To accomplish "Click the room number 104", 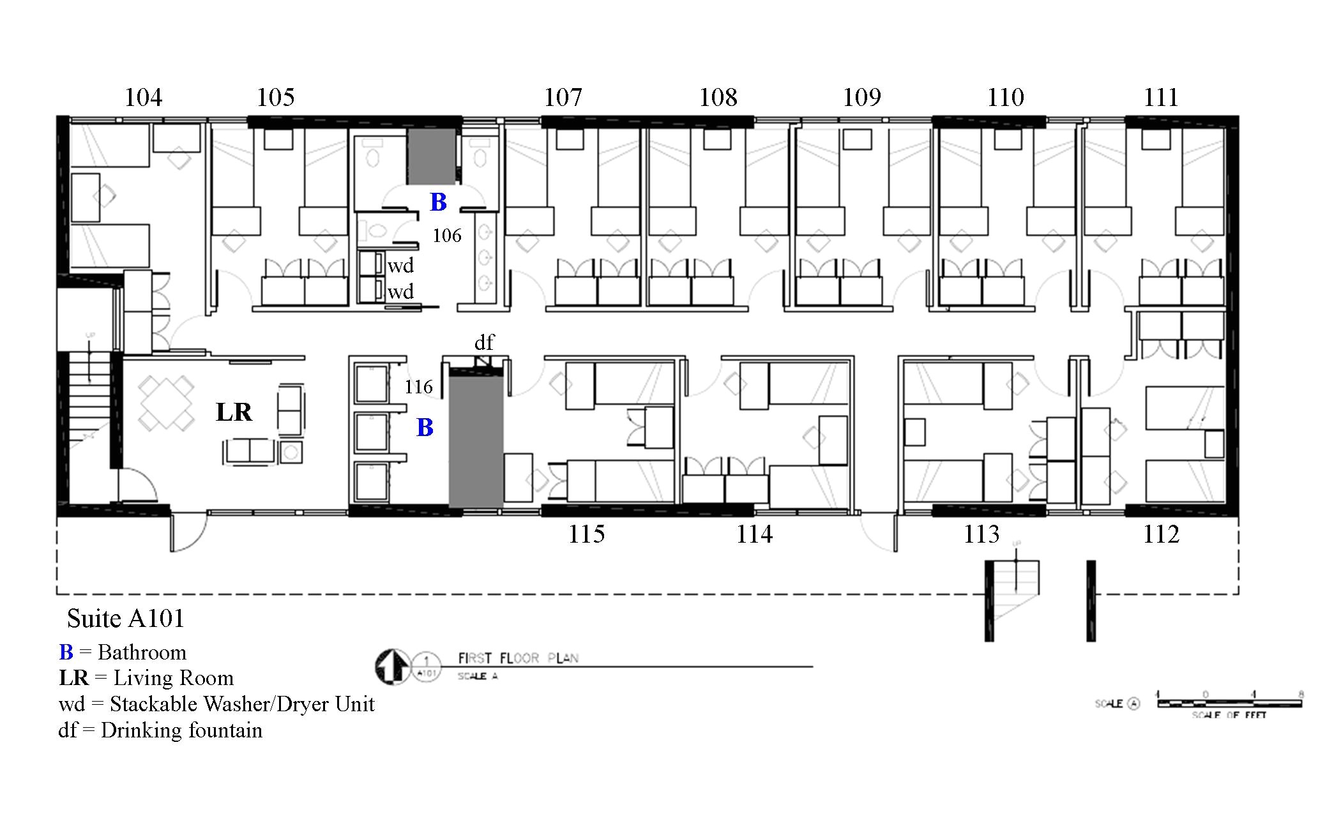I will click(143, 98).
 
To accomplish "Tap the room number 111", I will click(1160, 98).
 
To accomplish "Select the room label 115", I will click(586, 534).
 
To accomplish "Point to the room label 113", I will click(981, 534).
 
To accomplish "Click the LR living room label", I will click(234, 412).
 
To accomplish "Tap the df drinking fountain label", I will click(483, 343).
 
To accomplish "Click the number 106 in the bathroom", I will click(446, 236).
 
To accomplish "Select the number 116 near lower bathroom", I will click(418, 386).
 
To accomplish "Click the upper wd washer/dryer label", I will click(400, 266).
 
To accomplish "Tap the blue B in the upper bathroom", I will click(438, 202).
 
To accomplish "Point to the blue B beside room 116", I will click(425, 428).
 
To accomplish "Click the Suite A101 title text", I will click(126, 618).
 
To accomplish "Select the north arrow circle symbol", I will click(392, 667).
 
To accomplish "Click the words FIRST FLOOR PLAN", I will click(518, 658).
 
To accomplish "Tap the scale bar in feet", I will click(1229, 703).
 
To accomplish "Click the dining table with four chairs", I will click(167, 402).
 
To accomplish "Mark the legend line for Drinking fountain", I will click(160, 730).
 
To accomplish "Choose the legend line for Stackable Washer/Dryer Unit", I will click(216, 704).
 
